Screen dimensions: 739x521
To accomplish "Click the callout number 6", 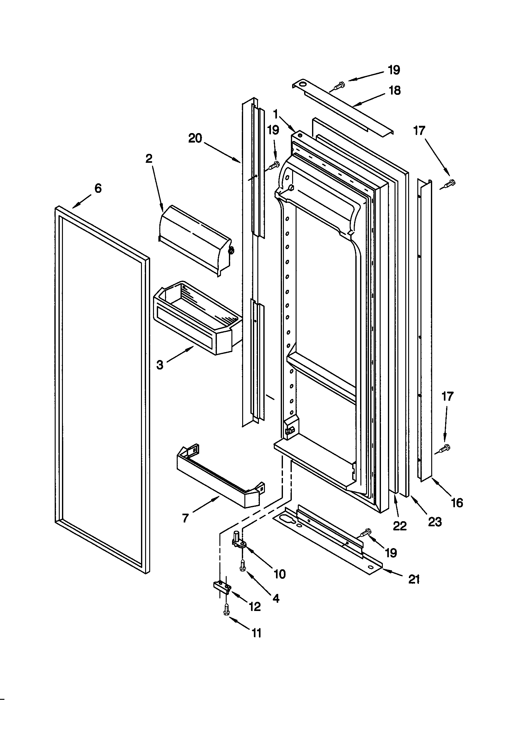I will pos(98,188).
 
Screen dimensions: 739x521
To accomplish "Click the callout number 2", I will pos(149,158).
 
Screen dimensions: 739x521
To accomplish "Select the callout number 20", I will pos(195,138).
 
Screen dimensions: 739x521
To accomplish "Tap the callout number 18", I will pos(395,90).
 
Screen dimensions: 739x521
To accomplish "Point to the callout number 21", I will pos(414,579).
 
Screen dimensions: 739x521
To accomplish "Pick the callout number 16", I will pos(457,503).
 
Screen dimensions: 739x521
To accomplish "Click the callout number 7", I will pos(185,518).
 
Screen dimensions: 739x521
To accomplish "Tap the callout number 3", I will pos(160,365).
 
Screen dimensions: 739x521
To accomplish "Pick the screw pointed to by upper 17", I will pos(449,184).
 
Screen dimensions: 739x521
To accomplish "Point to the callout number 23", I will pos(434,522).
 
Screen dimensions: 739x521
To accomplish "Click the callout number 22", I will pos(400,526).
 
